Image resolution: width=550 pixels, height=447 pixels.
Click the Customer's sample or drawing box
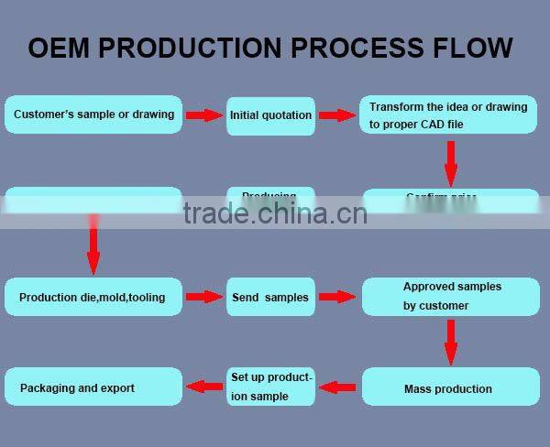pyautogui.click(x=93, y=115)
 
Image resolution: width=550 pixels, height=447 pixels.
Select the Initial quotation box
pyautogui.click(x=270, y=116)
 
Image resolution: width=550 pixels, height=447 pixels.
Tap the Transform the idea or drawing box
pyautogui.click(x=448, y=115)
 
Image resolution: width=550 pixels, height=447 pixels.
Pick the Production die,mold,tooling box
pyautogui.click(x=93, y=297)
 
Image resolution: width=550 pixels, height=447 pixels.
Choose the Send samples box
pyautogui.click(x=270, y=297)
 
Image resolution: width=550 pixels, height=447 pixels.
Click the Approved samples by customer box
pyautogui.click(x=451, y=297)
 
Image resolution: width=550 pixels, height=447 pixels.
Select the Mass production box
pyautogui.click(x=451, y=387)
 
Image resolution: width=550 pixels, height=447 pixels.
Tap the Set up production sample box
pyautogui.click(x=270, y=387)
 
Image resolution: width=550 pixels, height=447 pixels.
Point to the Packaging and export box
pyautogui.click(x=93, y=387)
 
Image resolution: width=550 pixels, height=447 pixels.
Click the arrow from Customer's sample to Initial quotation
pyautogui.click(x=204, y=115)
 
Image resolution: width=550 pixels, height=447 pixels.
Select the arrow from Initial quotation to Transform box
pyautogui.click(x=336, y=115)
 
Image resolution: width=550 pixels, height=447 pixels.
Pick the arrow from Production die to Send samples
pyautogui.click(x=204, y=297)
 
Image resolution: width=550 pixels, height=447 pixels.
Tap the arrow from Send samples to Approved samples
pyautogui.click(x=336, y=297)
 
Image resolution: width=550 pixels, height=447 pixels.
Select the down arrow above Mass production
pyautogui.click(x=450, y=343)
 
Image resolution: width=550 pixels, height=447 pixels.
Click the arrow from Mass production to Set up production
pyautogui.click(x=337, y=387)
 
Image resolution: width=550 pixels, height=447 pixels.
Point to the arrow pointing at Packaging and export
pyautogui.click(x=204, y=387)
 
